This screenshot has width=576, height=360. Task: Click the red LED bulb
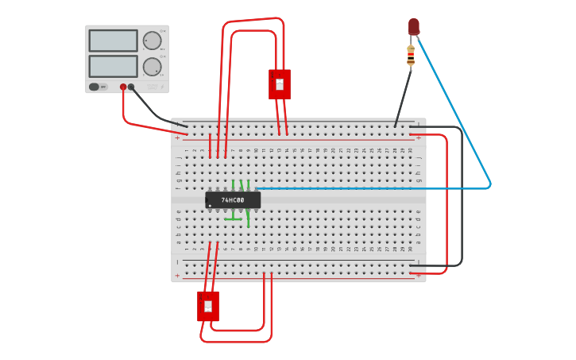414,26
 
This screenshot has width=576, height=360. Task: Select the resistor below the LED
411,56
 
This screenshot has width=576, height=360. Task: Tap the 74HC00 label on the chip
233,200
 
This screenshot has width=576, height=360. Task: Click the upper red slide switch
279,83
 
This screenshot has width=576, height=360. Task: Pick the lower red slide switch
208,306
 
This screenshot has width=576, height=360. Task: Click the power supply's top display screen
113,41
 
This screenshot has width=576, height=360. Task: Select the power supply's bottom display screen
113,66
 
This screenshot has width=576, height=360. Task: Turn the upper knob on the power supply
152,41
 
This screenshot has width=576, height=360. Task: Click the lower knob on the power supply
152,66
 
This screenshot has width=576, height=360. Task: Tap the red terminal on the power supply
123,87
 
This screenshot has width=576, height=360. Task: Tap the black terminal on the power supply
132,87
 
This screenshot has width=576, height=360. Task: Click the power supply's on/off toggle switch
95,87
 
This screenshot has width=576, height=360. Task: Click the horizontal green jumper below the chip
237,219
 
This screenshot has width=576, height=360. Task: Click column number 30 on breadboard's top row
412,149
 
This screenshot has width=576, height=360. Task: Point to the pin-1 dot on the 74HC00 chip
211,206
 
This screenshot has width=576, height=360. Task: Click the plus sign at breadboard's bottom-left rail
177,276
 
